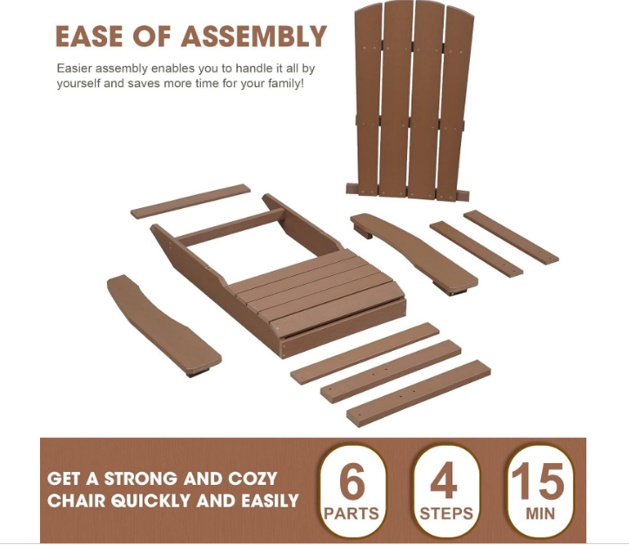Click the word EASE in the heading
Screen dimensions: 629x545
coord(89,37)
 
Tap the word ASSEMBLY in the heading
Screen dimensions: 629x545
coord(254,37)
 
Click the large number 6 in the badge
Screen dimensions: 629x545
coord(352,482)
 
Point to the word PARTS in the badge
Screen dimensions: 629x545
coord(351,514)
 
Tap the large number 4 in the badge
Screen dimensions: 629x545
coord(444,481)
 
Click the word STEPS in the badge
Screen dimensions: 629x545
coord(446,514)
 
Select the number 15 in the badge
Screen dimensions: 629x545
coord(538,481)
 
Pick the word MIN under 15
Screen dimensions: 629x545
coord(540,514)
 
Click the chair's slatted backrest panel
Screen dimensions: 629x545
coord(410,100)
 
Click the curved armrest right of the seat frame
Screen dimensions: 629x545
coord(414,252)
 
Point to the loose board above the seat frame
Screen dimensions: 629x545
coord(191,201)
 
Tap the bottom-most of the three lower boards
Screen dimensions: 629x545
coord(418,393)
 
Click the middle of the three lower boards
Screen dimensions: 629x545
coord(391,371)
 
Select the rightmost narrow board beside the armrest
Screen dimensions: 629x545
coord(511,237)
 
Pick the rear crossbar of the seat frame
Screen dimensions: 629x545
coord(231,227)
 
